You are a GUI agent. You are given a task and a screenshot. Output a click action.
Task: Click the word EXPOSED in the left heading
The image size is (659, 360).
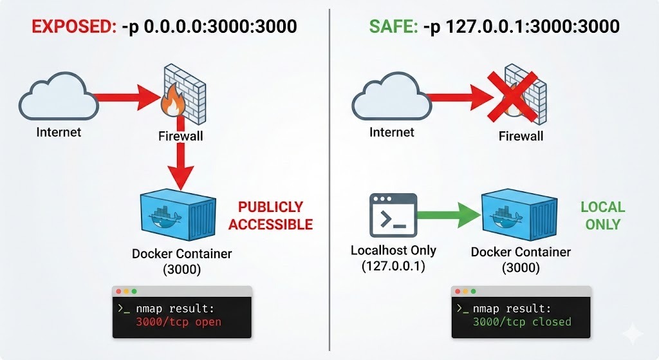71,26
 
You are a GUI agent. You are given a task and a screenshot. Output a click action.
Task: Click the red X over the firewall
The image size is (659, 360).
521,95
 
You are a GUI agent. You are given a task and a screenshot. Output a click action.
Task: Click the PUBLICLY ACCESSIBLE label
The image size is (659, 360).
270,216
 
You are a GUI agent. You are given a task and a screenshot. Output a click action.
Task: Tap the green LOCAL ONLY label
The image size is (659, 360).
602,216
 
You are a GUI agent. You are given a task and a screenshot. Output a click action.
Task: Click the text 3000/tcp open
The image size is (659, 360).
178,321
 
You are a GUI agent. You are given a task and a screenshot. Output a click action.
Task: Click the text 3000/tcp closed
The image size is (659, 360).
521,321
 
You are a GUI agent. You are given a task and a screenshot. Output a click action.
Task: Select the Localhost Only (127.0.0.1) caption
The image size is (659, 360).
393,258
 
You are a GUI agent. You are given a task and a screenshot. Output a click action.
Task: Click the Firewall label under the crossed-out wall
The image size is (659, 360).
521,136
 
